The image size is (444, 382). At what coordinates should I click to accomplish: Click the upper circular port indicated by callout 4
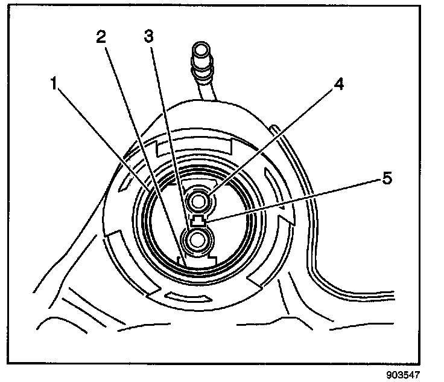pos(198,200)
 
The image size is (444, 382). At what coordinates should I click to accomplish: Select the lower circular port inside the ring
pos(197,241)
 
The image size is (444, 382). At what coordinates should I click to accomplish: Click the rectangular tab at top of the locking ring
pos(194,146)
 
